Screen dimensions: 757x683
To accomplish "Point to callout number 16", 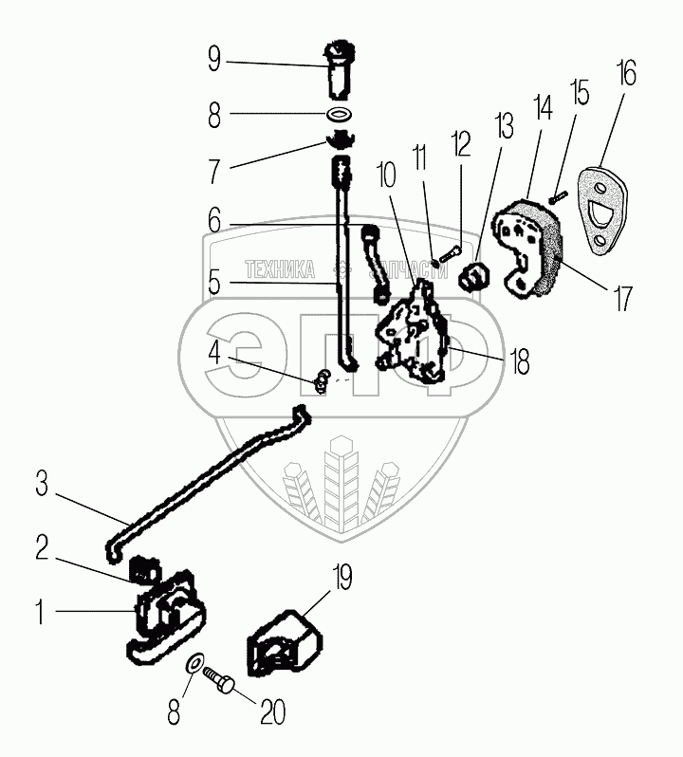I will [x=625, y=73].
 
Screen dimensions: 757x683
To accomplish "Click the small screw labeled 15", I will [x=557, y=198].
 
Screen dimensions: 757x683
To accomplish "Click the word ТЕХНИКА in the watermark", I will [x=280, y=270].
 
